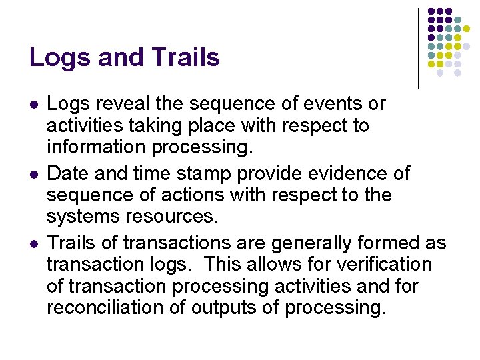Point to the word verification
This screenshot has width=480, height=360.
[x=383, y=265]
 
